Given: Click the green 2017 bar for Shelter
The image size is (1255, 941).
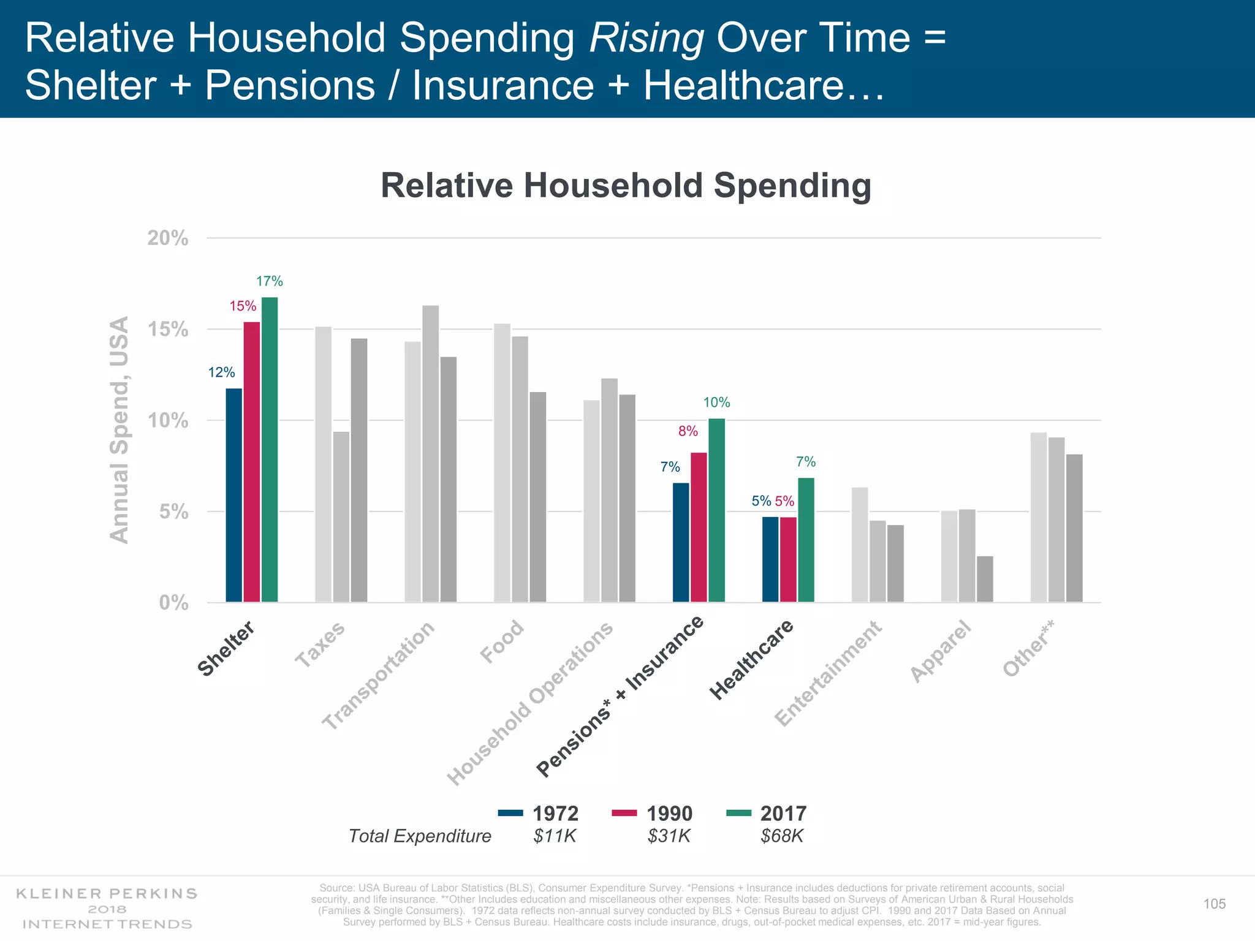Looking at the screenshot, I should click(270, 450).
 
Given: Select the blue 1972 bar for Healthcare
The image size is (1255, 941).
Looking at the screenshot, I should click(770, 559).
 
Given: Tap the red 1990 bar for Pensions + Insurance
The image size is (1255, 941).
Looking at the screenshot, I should click(699, 527).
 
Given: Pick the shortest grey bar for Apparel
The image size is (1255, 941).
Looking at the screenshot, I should click(985, 579).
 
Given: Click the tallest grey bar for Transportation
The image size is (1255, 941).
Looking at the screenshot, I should click(431, 453).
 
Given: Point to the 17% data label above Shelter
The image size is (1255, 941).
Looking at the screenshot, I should click(269, 281).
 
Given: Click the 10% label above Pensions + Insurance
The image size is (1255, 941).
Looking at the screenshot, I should click(716, 402).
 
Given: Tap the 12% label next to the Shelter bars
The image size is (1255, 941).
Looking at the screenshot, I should click(221, 372).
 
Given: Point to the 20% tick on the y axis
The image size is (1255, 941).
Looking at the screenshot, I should click(168, 238).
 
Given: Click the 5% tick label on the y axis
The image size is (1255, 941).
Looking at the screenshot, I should click(173, 512).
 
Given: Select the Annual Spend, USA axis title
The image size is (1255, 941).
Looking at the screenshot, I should click(119, 429).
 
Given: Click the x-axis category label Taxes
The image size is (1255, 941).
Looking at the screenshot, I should click(320, 644).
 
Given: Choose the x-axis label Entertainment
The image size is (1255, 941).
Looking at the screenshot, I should click(828, 674).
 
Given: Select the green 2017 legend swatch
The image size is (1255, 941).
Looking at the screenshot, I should click(738, 814).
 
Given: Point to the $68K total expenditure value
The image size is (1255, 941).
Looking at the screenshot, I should click(781, 836).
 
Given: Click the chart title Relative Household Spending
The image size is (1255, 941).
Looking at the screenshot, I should click(626, 185).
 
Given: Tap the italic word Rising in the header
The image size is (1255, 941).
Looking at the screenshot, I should click(646, 38).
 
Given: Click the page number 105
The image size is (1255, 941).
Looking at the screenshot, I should click(1214, 904).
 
